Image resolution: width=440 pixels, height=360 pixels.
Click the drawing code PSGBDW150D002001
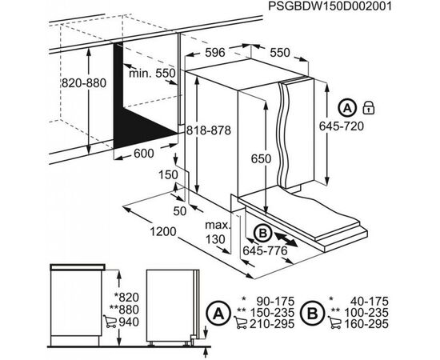coord(330,6)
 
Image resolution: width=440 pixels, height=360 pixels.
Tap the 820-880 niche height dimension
coord(84,83)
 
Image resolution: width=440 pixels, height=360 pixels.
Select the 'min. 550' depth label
coord(152,74)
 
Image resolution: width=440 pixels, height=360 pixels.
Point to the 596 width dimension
coord(215,53)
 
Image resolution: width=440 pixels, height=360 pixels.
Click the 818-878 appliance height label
coord(209,130)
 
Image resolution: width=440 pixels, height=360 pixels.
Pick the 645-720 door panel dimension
coord(342,126)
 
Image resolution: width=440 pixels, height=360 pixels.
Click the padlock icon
coord(369,108)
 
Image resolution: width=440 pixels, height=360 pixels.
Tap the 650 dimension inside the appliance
coord(261,159)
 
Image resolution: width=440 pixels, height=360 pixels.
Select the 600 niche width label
coord(144,154)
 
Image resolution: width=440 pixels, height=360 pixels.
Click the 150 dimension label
coord(168,175)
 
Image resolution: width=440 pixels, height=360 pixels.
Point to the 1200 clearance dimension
coord(163,232)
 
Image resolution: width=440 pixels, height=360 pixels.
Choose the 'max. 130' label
coord(217,232)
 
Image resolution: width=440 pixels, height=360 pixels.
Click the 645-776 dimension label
coord(265,250)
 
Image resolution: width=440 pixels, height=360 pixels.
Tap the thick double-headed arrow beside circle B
coord(286,238)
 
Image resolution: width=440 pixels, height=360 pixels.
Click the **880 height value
coord(126,310)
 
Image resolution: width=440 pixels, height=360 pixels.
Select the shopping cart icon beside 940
coord(110,322)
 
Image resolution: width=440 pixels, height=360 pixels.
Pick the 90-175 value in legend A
coord(275,302)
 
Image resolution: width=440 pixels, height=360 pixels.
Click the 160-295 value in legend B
coord(366,324)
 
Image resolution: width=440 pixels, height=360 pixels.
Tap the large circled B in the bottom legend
coord(313,313)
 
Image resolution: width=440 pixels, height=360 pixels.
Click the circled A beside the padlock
coord(347,108)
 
